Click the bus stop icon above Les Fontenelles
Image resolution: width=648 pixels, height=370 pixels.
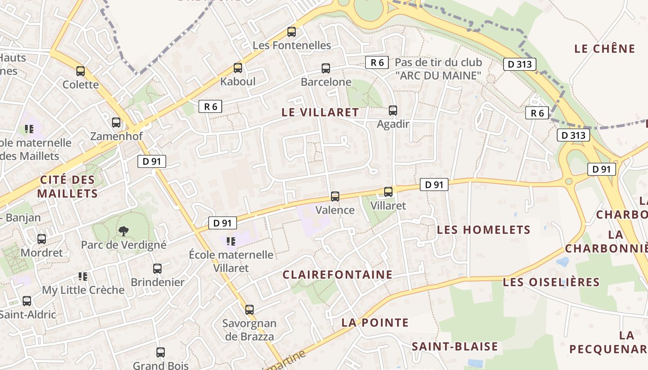pos(291,32)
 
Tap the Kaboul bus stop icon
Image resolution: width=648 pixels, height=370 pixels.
pos(238,68)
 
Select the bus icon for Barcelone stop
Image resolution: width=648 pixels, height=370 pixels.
pos(326,68)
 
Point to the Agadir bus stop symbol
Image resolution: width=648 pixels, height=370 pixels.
pos(393,110)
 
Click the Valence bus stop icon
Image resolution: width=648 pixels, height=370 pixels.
pos(335,196)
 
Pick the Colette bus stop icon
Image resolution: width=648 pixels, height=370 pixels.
pos(81,71)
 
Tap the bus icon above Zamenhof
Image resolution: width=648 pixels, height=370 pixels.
pos(116,123)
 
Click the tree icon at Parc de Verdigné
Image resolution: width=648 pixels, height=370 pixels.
pos(123,230)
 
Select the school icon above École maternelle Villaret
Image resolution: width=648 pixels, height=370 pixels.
pos(231,241)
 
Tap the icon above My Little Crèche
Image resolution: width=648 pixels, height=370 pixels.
pos(83,277)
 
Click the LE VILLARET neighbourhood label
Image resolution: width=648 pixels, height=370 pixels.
pos(320,112)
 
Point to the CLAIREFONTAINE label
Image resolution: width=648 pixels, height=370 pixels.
pos(337,275)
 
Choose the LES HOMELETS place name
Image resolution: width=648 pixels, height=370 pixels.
pos(484,230)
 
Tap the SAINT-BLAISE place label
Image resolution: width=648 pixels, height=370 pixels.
pos(455,346)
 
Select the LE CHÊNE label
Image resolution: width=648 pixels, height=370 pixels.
pos(604,49)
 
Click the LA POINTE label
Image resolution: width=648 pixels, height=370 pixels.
pos(375,323)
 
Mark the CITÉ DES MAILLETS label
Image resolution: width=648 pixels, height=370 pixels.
pos(68,186)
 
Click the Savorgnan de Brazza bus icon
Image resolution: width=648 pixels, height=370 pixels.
pos(249,309)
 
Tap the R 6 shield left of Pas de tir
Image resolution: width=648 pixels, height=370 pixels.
pos(377,62)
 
